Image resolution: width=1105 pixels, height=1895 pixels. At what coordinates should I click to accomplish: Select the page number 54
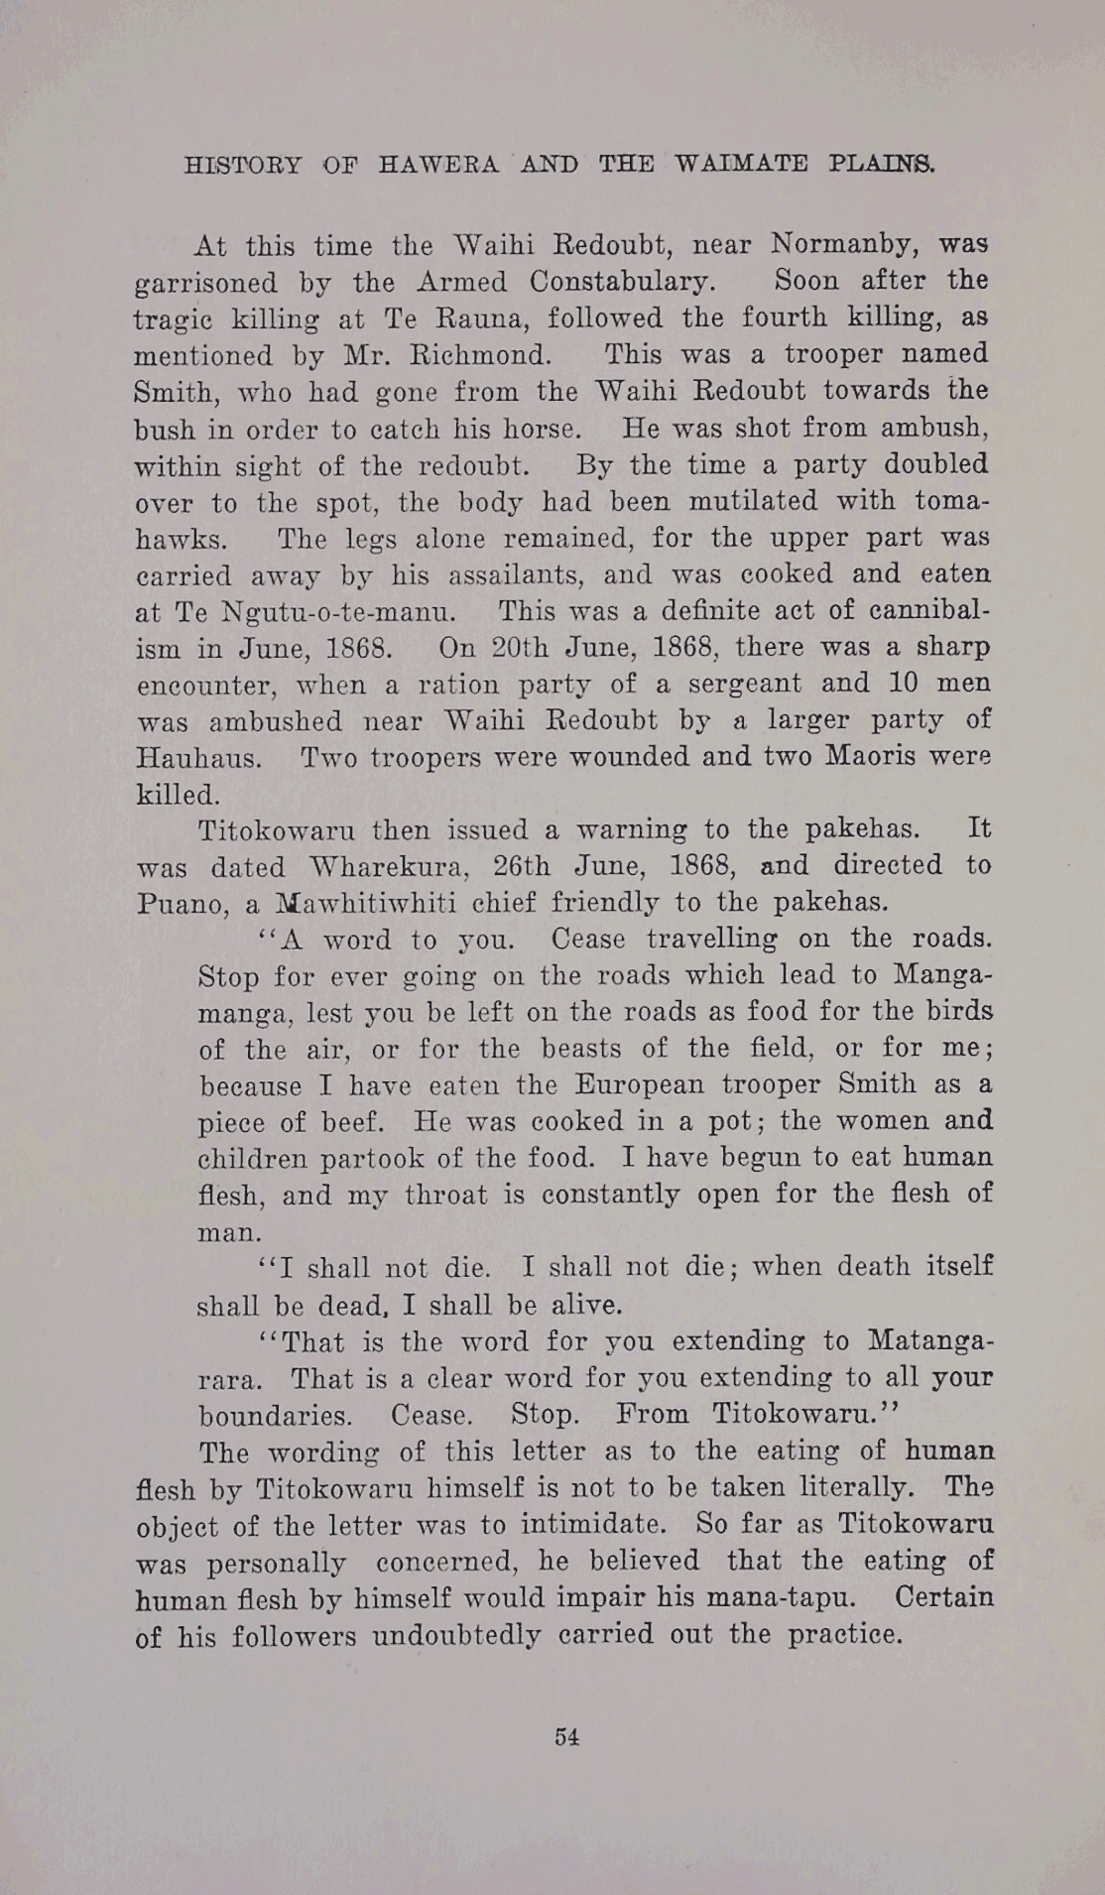pos(567,1736)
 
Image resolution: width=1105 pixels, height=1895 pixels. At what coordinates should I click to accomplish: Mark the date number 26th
pos(522,866)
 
